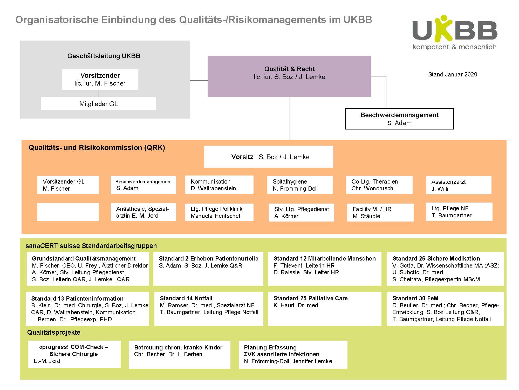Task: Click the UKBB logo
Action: (x=455, y=32)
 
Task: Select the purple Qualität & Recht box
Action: (x=289, y=76)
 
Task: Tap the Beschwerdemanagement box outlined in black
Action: (x=399, y=119)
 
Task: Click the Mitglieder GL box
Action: (x=99, y=104)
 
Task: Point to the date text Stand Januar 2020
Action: (x=453, y=75)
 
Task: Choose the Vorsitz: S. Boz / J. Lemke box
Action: (x=269, y=157)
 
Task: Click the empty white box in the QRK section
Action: (x=68, y=212)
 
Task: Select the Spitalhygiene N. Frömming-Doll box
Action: (x=300, y=185)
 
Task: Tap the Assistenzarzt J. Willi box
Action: (x=459, y=185)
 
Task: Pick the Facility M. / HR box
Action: (x=380, y=212)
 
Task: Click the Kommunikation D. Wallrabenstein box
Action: (x=219, y=185)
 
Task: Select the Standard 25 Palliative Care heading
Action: (x=311, y=298)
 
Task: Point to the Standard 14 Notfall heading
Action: (x=186, y=298)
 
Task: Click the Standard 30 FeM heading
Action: (x=415, y=298)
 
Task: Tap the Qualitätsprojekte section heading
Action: (x=54, y=332)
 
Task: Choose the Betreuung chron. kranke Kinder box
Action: (x=180, y=355)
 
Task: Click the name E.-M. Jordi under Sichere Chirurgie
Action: (x=48, y=361)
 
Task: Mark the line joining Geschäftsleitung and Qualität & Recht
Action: (x=199, y=80)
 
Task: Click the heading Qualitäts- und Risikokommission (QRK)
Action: (x=97, y=148)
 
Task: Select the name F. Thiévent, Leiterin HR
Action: (x=304, y=265)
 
